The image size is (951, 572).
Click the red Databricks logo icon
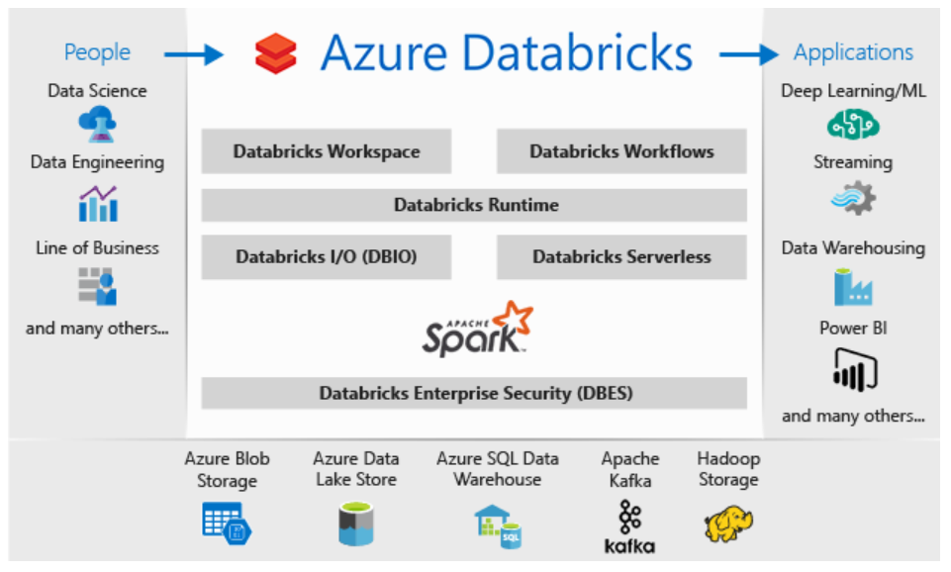point(275,52)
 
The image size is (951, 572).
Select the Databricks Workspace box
point(327,151)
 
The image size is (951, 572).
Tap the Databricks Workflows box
point(621,151)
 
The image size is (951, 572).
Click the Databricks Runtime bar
point(475,205)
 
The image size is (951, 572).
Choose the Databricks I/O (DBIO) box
point(327,256)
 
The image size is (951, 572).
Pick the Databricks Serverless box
point(621,256)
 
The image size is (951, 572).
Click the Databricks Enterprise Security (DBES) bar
point(475,393)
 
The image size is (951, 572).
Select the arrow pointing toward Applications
point(751,53)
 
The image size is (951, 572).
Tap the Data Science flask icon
point(97,125)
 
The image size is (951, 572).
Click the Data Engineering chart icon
point(98,204)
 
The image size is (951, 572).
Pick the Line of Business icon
point(98,286)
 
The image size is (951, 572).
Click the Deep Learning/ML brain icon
point(853,125)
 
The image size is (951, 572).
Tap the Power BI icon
point(853,369)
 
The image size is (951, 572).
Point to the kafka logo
point(630,526)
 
